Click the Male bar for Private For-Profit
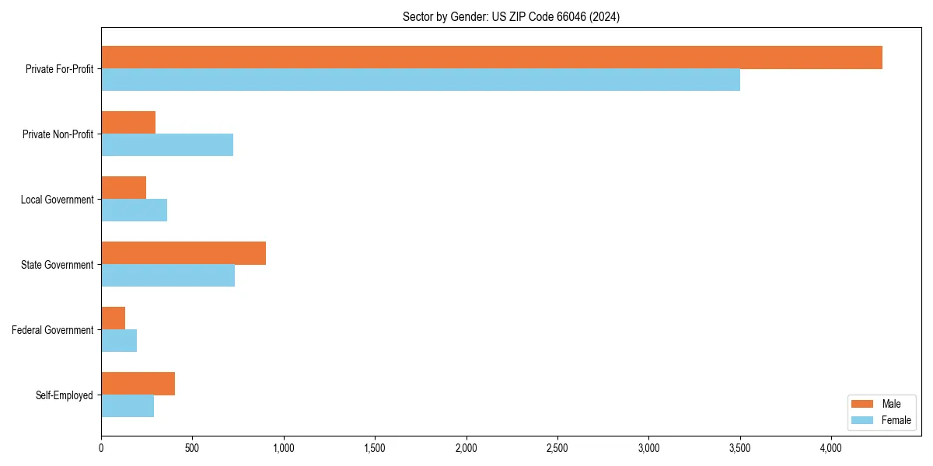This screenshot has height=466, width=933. pos(491,57)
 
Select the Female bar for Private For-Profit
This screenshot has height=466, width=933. pos(421,80)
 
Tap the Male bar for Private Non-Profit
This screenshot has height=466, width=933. pos(128,123)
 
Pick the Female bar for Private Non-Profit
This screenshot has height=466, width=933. pos(167,145)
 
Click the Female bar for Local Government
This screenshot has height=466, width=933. pos(134,210)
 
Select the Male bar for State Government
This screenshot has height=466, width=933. pos(183,253)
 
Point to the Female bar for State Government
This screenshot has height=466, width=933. pos(168,276)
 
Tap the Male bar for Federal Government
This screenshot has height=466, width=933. pos(114,318)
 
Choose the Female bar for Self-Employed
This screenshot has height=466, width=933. pos(128,406)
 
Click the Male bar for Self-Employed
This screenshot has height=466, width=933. pos(138,384)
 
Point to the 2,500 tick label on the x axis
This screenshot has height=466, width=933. pos(557,448)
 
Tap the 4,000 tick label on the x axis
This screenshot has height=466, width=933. pos(831,448)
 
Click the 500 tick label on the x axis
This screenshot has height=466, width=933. pos(192,448)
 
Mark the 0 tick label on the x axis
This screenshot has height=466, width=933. pos(101,448)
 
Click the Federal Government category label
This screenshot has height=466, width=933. pos(53,330)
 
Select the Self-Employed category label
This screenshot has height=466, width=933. pos(65,395)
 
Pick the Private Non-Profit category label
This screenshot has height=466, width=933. pos(58,134)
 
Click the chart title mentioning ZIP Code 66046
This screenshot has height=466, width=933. pos(511,16)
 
